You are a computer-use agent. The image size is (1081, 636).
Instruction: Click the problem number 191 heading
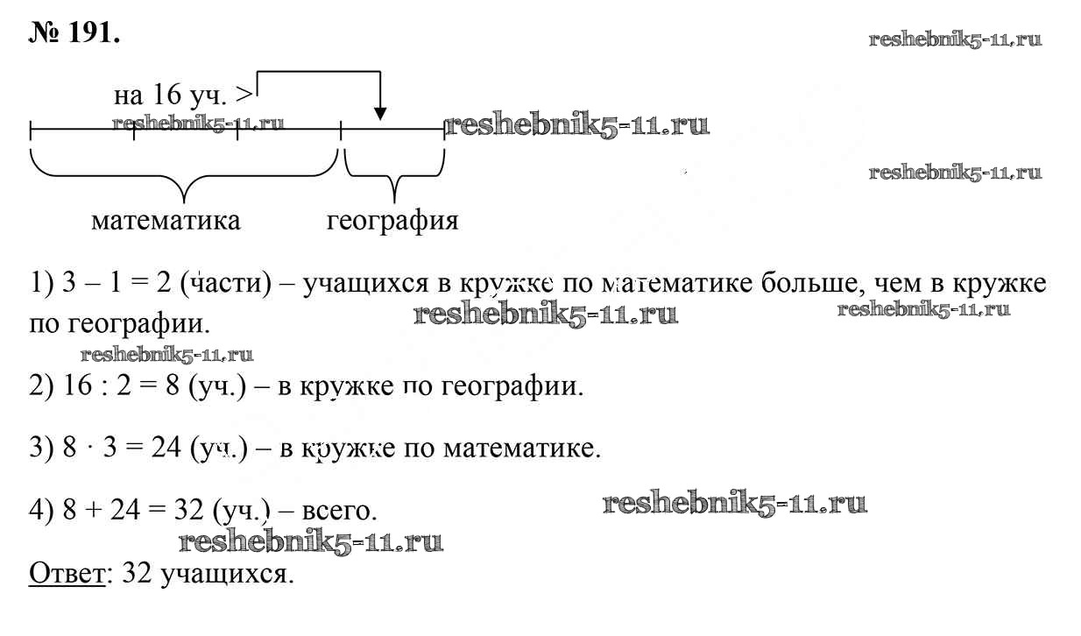coord(74,33)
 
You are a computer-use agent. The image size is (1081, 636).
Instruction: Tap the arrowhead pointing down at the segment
coord(380,114)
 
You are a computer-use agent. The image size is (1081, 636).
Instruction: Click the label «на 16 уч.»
coord(170,95)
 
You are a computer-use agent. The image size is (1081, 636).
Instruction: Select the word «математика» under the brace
coord(166,221)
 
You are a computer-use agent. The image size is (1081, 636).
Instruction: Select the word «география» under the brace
coord(392,222)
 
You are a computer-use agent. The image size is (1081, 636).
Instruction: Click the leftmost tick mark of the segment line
coord(31,130)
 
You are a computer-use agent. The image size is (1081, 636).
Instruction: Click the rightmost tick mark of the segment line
coord(444,130)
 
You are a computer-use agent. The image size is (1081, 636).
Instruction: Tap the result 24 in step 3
coord(166,447)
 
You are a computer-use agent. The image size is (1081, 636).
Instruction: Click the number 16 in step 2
coord(77,385)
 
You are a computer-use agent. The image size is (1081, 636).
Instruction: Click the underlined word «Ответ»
coord(67,573)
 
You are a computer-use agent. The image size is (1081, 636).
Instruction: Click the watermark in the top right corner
coord(956,39)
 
